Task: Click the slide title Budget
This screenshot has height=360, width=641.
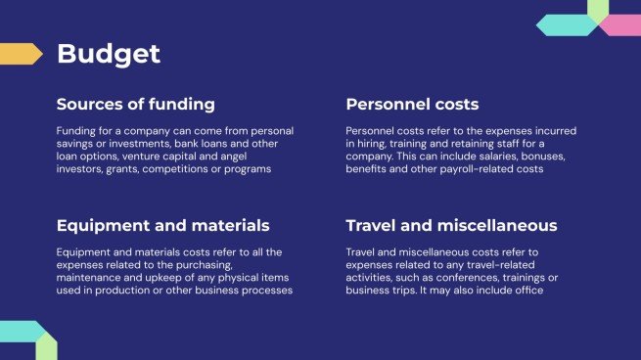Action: pos(109,55)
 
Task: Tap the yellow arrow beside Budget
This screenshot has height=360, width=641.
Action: pos(21,54)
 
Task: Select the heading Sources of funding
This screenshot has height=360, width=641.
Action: pos(136,105)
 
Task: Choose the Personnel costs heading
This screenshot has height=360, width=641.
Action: pos(412,105)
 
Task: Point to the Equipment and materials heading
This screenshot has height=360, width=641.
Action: pos(163,226)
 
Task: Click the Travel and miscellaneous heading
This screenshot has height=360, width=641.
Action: pos(451,226)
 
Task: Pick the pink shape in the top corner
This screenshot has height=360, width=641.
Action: pos(621,24)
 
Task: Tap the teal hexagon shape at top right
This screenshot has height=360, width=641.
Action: pos(567,24)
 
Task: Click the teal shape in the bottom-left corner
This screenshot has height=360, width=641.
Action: pos(22,332)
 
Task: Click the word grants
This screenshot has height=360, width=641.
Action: pos(122,169)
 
